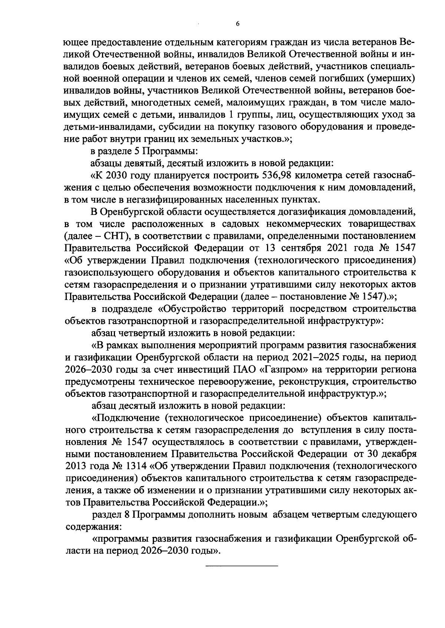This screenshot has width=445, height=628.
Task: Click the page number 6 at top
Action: pos(238,24)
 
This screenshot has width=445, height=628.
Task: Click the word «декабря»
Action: pos(396,454)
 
